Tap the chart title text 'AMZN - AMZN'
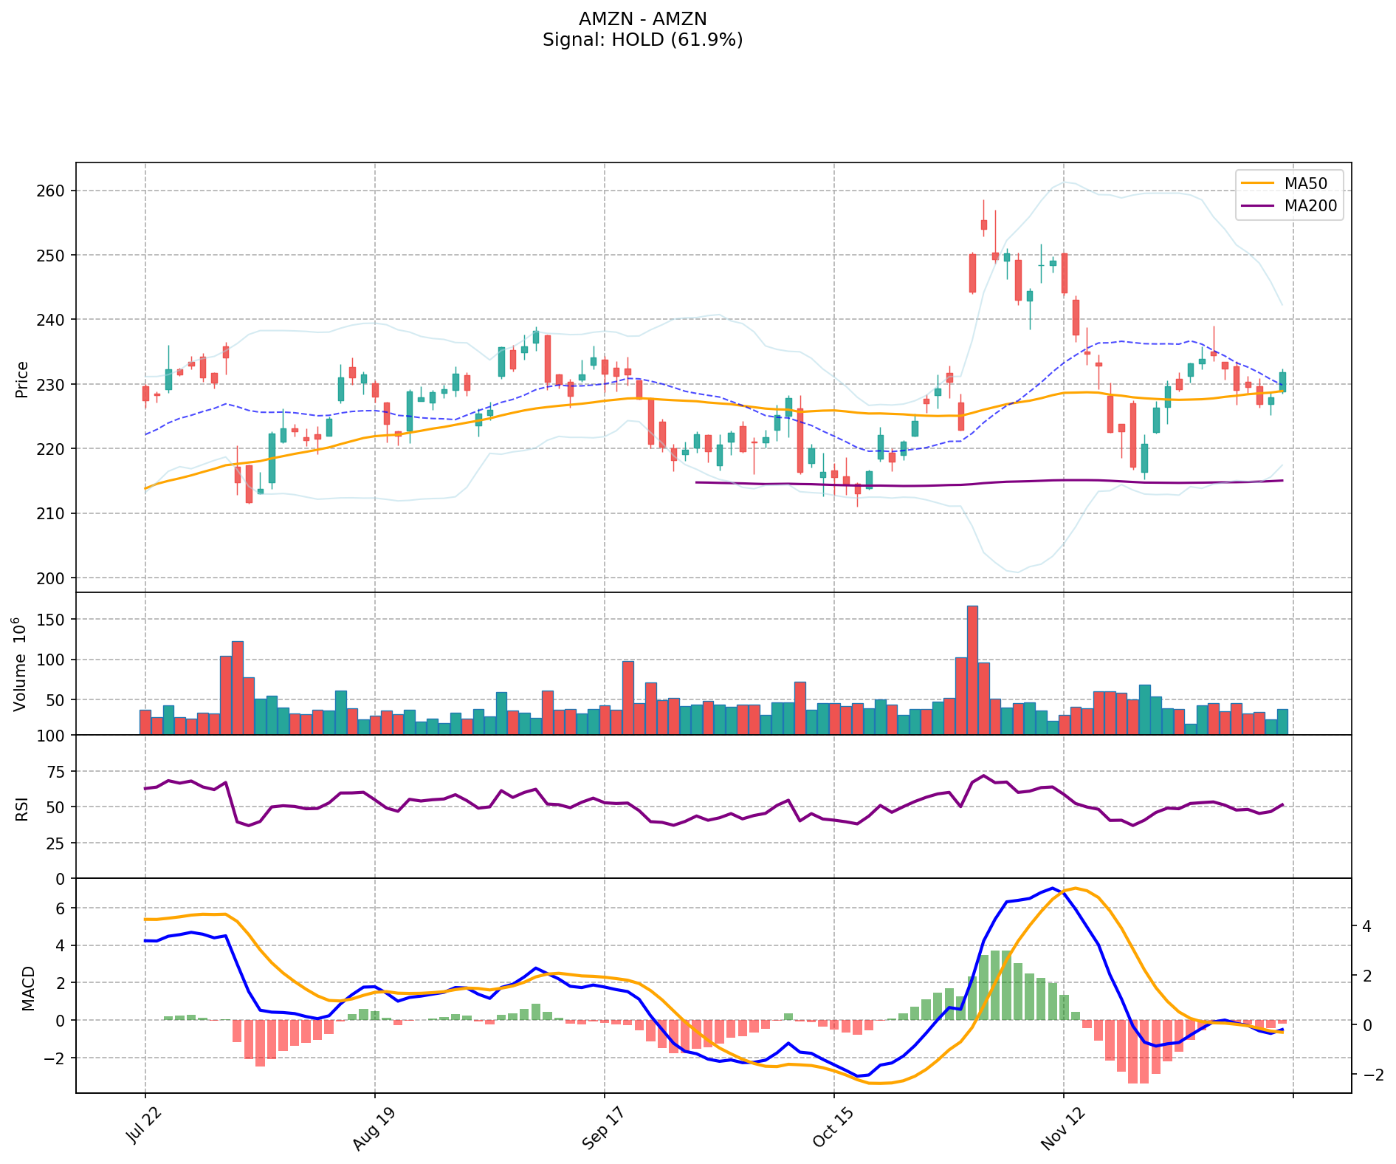642,18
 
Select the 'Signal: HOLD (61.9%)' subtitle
642,40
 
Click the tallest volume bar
972,670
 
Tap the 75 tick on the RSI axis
58,771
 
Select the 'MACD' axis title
28,987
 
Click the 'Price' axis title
21,380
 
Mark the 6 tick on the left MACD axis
61,908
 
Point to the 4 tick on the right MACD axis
1366,926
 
